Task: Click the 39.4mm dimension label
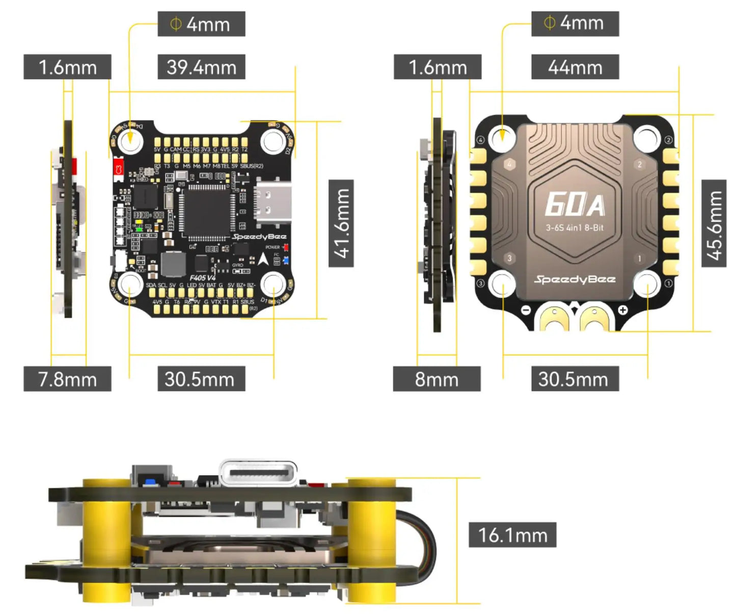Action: pyautogui.click(x=201, y=67)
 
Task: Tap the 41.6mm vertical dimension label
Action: pyautogui.click(x=341, y=223)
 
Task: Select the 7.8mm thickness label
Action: pyautogui.click(x=67, y=379)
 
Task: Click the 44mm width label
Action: pyautogui.click(x=575, y=67)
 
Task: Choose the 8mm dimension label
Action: pyautogui.click(x=437, y=379)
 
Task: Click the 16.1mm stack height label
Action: pyautogui.click(x=512, y=535)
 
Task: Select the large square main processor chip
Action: pyautogui.click(x=207, y=210)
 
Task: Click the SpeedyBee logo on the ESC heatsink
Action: pyautogui.click(x=575, y=279)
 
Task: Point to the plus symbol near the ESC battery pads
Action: pyautogui.click(x=622, y=310)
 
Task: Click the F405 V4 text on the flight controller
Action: pyautogui.click(x=202, y=278)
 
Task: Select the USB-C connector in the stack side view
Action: pyautogui.click(x=258, y=474)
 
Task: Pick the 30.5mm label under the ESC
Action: pyautogui.click(x=575, y=379)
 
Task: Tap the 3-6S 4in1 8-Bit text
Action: pyautogui.click(x=575, y=228)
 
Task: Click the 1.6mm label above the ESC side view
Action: pyautogui.click(x=438, y=67)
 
